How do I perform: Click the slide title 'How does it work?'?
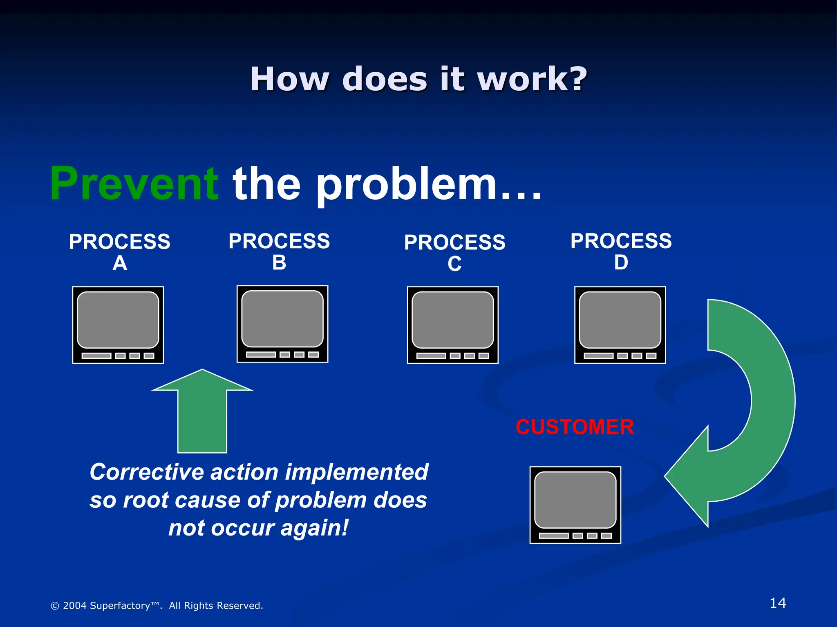[418, 78]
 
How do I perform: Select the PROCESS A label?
[120, 252]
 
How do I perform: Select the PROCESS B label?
[279, 251]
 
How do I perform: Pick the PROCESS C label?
[454, 253]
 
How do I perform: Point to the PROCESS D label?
[621, 251]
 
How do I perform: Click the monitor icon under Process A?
[118, 325]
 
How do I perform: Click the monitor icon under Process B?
[282, 324]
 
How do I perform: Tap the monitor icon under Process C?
[453, 325]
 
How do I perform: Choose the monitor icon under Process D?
[620, 325]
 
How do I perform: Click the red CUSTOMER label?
[575, 427]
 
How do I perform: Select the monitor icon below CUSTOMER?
[575, 505]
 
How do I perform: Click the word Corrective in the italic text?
[147, 472]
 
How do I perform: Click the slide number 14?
[777, 603]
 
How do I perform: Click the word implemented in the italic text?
[356, 472]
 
